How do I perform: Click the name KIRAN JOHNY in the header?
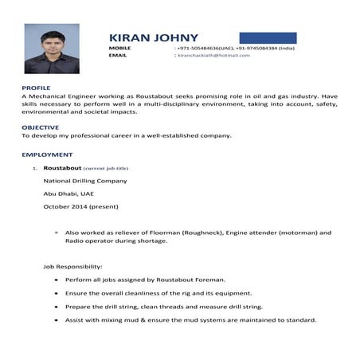point(154,38)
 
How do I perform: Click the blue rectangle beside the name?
point(268,38)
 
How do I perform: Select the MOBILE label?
point(119,49)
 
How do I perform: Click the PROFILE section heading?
point(36,86)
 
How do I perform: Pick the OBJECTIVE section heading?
point(40,127)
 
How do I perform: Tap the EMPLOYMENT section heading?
point(47,154)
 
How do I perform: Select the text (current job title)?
point(106,169)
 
